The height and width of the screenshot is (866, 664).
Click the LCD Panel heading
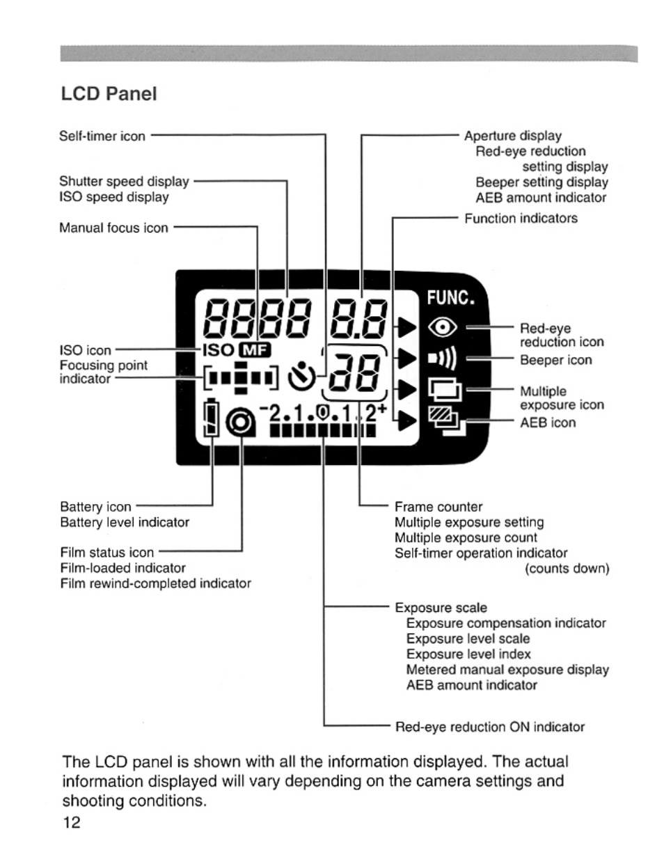tap(109, 94)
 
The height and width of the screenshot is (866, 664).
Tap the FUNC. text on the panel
tap(450, 299)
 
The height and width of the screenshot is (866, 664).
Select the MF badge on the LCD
tap(254, 350)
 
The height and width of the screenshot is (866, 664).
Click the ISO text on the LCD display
tap(219, 350)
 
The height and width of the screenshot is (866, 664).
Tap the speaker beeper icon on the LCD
tap(443, 359)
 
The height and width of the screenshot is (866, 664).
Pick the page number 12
tap(72, 822)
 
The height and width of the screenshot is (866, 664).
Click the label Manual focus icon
tap(113, 228)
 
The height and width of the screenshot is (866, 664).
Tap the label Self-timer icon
tap(102, 136)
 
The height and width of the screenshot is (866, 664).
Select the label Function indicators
tap(521, 219)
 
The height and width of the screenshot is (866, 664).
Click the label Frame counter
tap(438, 507)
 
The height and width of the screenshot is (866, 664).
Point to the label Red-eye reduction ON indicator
tap(489, 727)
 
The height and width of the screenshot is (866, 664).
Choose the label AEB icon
tap(548, 423)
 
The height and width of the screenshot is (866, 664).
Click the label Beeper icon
tap(555, 360)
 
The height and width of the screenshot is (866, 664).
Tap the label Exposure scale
tap(441, 608)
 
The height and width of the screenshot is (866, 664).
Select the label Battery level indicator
tap(125, 522)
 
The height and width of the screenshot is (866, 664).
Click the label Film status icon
tap(106, 553)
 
